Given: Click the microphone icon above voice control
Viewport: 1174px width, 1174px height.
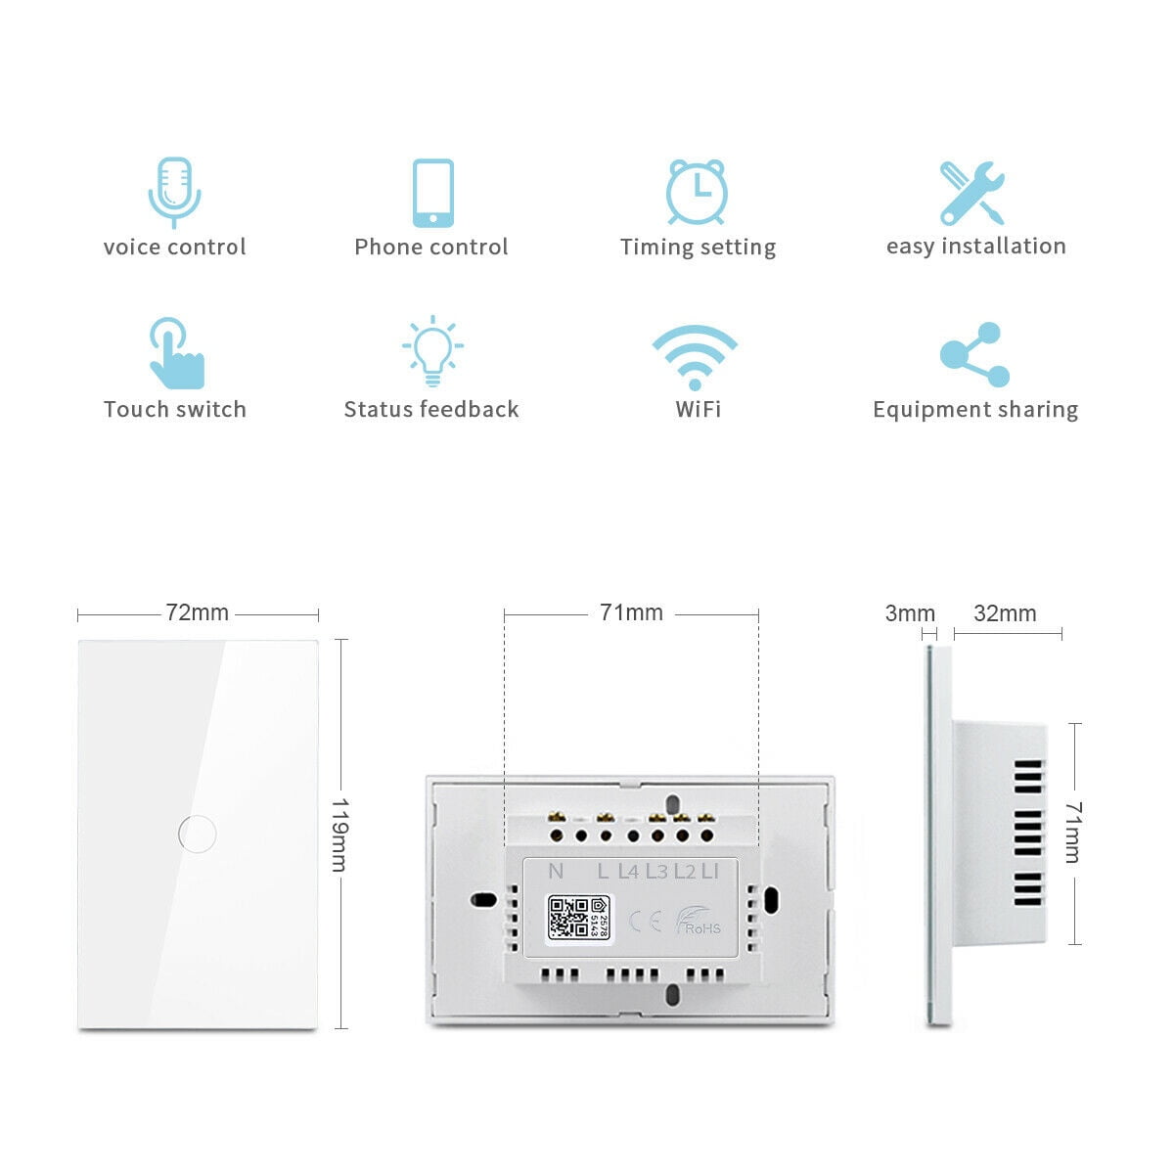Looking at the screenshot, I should pyautogui.click(x=174, y=192).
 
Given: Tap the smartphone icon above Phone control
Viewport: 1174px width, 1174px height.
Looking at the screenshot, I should pyautogui.click(x=432, y=193).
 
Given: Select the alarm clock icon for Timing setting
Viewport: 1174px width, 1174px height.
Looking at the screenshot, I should pyautogui.click(x=697, y=192).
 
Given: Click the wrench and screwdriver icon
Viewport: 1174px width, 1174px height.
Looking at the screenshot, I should pyautogui.click(x=972, y=193).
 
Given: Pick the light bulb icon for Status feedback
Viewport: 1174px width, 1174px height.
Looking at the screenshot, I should pyautogui.click(x=432, y=350).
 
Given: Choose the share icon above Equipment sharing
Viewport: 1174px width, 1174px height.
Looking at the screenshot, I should pyautogui.click(x=974, y=354).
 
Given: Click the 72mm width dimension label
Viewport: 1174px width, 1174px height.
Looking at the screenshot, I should pyautogui.click(x=198, y=612).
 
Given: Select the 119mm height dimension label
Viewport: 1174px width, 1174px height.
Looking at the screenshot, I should pyautogui.click(x=339, y=835).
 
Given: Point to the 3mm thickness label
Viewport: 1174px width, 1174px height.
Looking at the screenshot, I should pyautogui.click(x=910, y=613).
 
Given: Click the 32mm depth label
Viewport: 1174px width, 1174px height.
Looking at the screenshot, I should pyautogui.click(x=1005, y=613).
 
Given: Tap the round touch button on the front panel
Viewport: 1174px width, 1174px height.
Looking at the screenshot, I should pyautogui.click(x=198, y=834).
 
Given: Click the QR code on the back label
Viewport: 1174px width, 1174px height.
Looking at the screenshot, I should pyautogui.click(x=567, y=918).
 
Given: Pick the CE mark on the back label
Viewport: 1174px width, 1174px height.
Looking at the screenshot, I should pyautogui.click(x=645, y=922).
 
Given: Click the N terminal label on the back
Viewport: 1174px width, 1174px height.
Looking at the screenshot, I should pyautogui.click(x=556, y=871).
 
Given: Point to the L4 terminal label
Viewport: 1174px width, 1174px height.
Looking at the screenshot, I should pyautogui.click(x=628, y=871).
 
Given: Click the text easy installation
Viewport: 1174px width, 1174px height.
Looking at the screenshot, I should pyautogui.click(x=975, y=247).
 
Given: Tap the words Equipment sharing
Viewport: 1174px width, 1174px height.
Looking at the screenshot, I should pyautogui.click(x=975, y=410).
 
